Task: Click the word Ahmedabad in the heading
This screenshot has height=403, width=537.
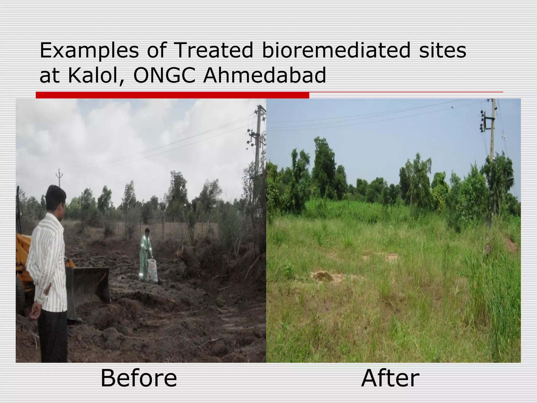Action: (x=265, y=76)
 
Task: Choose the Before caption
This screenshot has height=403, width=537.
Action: (x=139, y=378)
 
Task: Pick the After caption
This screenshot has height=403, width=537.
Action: (x=390, y=378)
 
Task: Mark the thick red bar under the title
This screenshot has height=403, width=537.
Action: (x=172, y=95)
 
